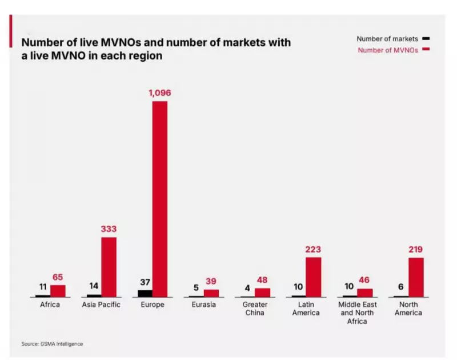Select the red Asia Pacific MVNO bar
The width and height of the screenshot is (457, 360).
tap(109, 267)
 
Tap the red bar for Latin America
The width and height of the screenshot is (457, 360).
tap(313, 277)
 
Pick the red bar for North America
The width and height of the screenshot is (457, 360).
tap(416, 277)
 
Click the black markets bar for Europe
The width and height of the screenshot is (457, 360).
tap(145, 293)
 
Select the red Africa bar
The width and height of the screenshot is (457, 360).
tap(58, 291)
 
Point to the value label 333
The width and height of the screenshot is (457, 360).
tap(108, 229)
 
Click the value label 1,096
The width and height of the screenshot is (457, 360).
tap(159, 93)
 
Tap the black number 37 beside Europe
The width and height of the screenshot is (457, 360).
tap(145, 282)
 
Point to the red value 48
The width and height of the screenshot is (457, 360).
tap(262, 281)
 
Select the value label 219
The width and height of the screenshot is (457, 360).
tap(416, 250)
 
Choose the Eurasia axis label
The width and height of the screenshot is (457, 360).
tap(204, 305)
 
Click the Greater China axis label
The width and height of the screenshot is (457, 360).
tap(255, 309)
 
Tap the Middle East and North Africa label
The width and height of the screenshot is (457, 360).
tap(358, 313)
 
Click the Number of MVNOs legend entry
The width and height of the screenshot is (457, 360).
tap(388, 50)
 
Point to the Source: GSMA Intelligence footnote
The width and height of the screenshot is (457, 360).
tap(52, 343)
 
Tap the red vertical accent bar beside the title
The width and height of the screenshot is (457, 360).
tap(11, 31)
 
